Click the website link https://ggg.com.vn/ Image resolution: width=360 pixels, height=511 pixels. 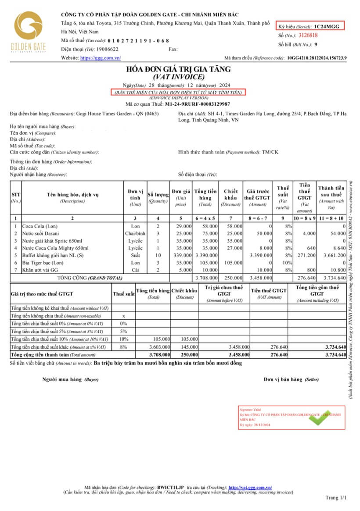click(x=100, y=58)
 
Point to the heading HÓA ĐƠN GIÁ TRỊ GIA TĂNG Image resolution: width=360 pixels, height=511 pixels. click(x=178, y=69)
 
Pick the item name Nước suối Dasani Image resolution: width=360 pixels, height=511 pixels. click(x=40, y=233)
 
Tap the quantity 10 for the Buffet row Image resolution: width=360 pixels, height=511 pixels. click(x=158, y=255)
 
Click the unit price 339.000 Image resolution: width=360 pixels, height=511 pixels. click(x=181, y=255)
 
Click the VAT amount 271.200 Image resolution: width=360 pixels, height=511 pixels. click(x=302, y=255)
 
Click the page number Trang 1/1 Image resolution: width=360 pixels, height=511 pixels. click(x=336, y=498)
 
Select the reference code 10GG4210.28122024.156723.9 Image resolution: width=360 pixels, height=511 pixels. click(x=317, y=58)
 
